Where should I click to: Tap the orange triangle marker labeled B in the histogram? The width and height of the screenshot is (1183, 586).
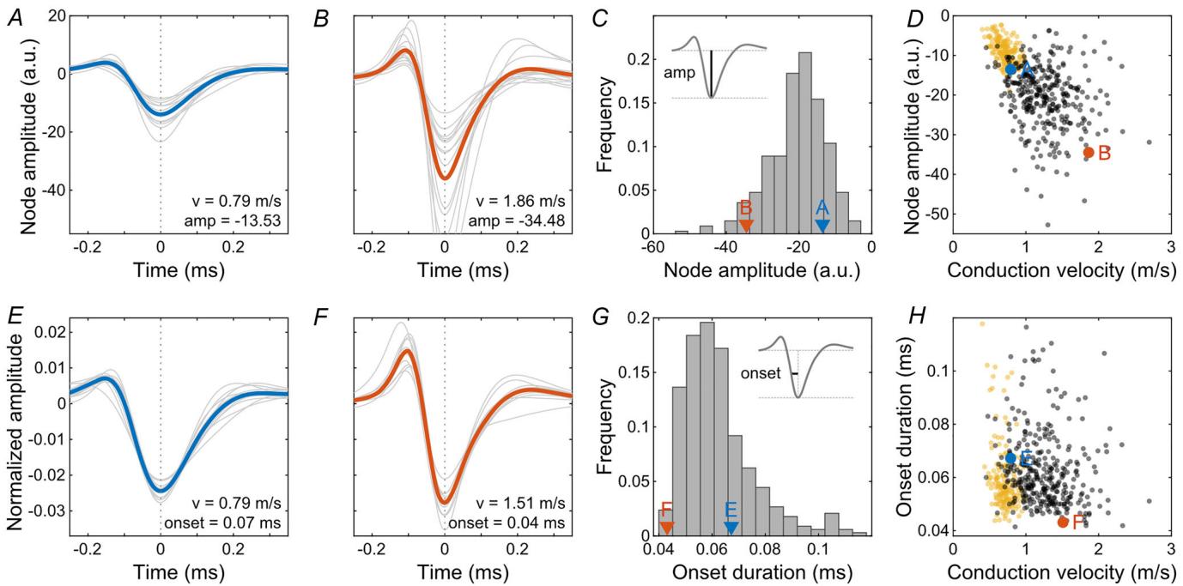tap(746, 225)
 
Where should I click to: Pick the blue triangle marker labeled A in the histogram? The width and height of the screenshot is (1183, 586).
tap(822, 225)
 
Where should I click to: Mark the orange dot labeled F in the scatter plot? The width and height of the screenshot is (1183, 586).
tap(1063, 522)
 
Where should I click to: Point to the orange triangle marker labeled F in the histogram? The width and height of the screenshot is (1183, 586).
tap(666, 528)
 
